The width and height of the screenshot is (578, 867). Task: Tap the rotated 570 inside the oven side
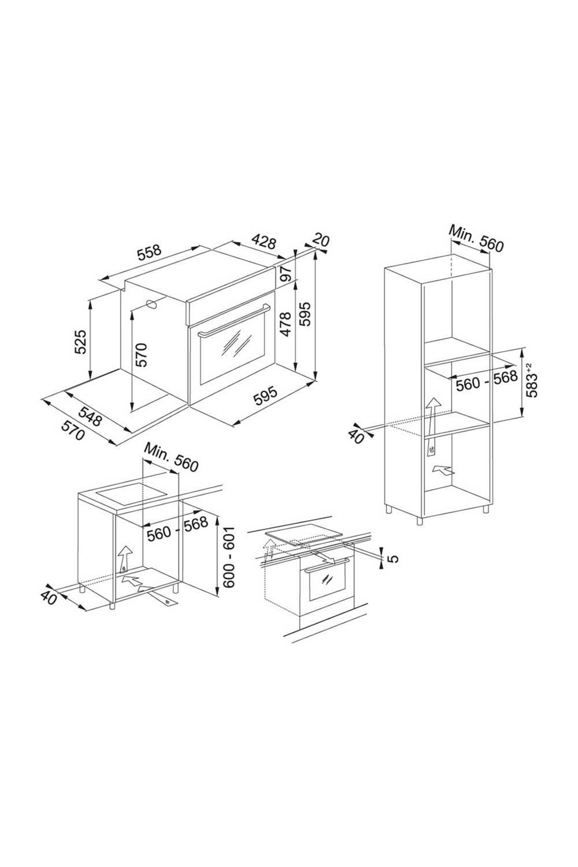point(142,355)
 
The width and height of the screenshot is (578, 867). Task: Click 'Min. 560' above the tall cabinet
point(476,238)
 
